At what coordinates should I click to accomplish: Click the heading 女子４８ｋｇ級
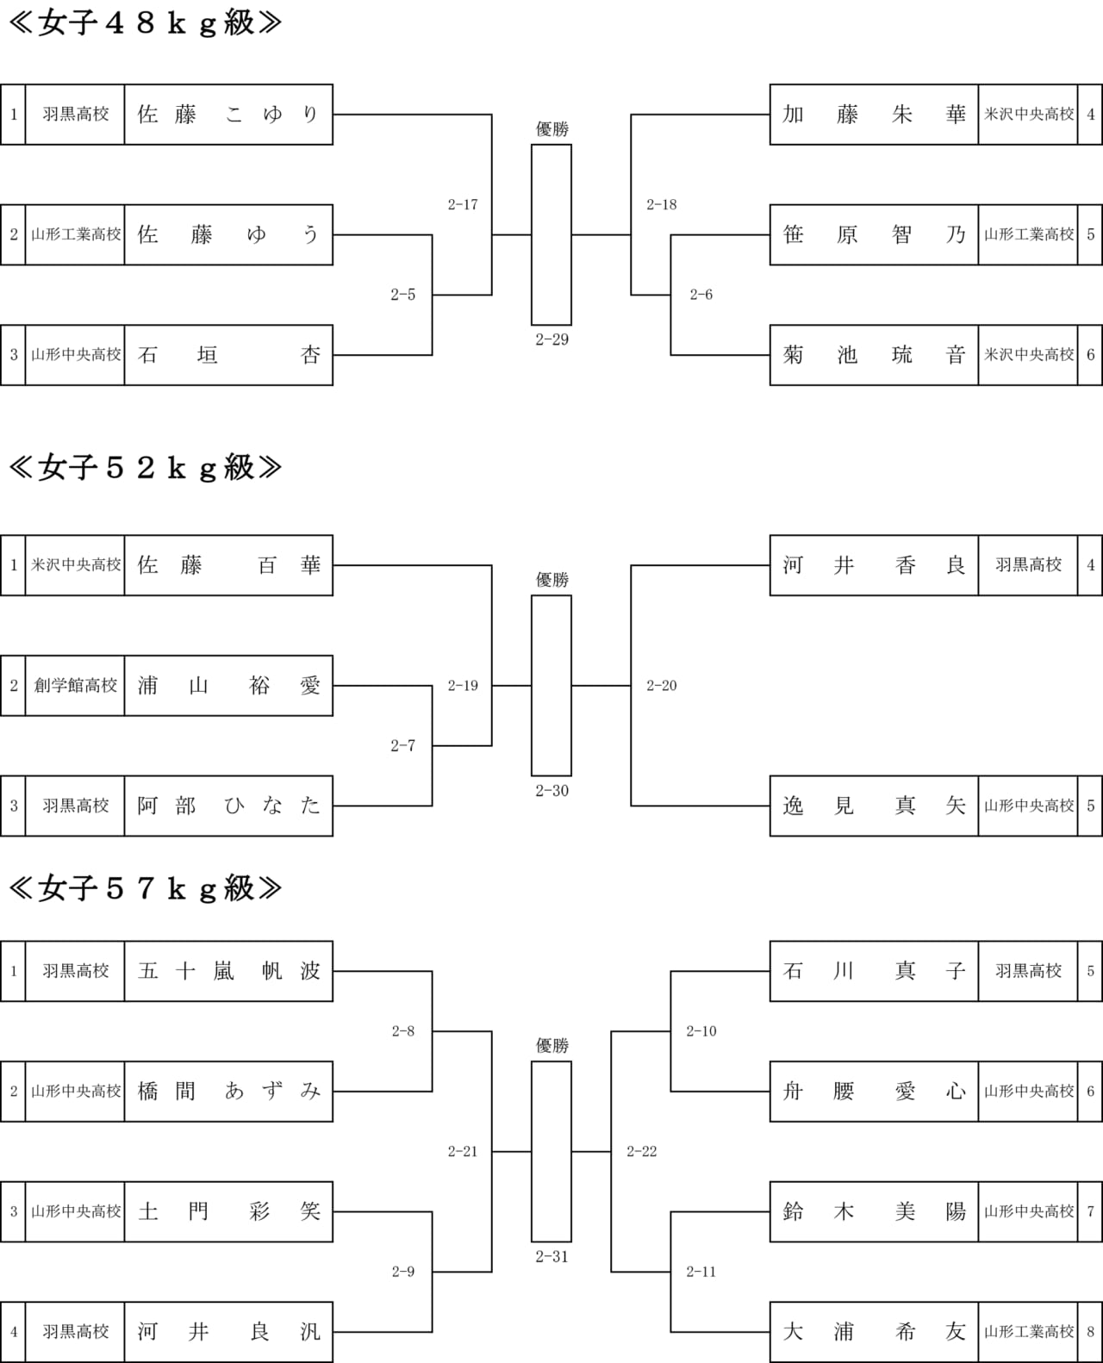[x=146, y=23]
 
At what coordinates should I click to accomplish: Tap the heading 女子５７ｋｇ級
[x=146, y=888]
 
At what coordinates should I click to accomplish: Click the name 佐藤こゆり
[x=228, y=115]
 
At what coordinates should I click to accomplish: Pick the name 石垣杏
[x=228, y=355]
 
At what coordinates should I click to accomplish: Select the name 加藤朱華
[x=874, y=115]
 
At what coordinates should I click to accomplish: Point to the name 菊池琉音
[x=874, y=355]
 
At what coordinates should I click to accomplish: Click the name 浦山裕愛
[x=228, y=685]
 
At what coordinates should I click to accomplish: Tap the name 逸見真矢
[x=874, y=806]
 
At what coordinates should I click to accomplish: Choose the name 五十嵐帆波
[x=228, y=971]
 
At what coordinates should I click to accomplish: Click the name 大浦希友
[x=874, y=1332]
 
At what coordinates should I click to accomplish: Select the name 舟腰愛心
[x=874, y=1091]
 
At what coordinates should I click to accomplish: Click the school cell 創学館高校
[x=75, y=685]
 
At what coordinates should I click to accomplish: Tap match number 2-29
[x=551, y=339]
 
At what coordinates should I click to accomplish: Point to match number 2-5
[x=403, y=295]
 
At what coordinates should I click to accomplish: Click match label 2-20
[x=662, y=686]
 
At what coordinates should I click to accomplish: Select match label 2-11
[x=701, y=1273]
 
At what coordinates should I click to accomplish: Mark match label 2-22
[x=642, y=1152]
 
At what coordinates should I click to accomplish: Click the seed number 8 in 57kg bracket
[x=1090, y=1332]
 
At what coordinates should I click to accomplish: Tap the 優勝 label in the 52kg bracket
[x=551, y=580]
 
